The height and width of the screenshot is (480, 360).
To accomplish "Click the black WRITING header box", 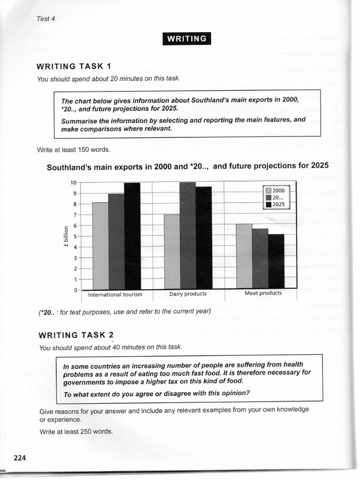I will [x=187, y=38].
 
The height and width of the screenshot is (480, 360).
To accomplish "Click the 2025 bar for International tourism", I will [x=132, y=237].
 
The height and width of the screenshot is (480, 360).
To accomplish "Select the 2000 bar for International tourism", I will [x=100, y=246].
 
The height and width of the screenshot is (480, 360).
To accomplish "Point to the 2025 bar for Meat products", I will [x=276, y=261].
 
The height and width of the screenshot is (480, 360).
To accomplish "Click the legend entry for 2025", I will [x=277, y=204].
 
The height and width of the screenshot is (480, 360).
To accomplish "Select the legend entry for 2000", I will [x=277, y=190].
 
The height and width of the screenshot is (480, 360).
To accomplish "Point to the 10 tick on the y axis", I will [x=74, y=182].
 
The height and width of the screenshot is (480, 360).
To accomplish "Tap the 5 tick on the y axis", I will [x=75, y=236].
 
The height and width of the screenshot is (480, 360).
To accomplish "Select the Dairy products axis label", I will [x=187, y=294].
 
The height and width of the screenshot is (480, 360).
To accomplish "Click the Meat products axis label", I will [x=263, y=293].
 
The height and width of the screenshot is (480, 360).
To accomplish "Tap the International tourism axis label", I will [x=115, y=295].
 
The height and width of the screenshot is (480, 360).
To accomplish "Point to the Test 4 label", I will [x=45, y=19].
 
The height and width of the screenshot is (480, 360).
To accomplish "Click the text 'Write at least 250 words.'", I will [x=76, y=431].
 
